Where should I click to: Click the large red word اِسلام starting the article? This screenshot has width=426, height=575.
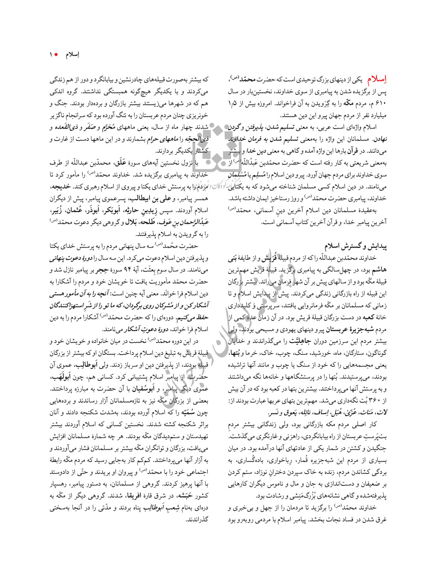(x=377, y=79)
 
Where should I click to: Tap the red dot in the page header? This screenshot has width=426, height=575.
(x=56, y=54)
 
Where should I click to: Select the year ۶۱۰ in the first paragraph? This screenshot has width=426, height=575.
(x=380, y=103)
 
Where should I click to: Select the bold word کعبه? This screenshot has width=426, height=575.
(x=368, y=317)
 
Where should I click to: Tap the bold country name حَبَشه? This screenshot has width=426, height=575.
(x=184, y=496)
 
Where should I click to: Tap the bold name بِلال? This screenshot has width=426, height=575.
(x=131, y=222)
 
